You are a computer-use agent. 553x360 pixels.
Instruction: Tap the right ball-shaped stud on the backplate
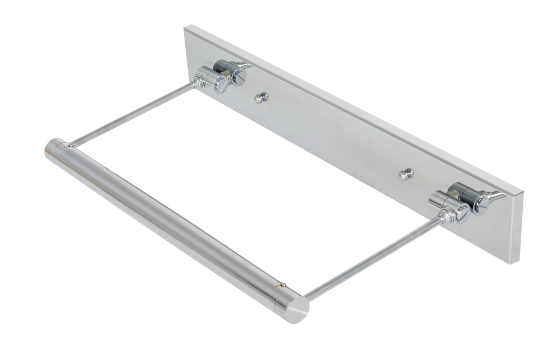tap(406, 174)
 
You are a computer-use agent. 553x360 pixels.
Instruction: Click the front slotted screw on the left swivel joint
tap(221, 84)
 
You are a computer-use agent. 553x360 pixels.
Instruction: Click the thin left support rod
tap(132, 115)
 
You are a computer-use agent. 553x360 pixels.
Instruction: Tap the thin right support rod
tap(373, 257)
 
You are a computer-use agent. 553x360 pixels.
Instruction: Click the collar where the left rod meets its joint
tap(198, 82)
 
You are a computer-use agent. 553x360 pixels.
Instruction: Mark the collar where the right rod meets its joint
tap(444, 216)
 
